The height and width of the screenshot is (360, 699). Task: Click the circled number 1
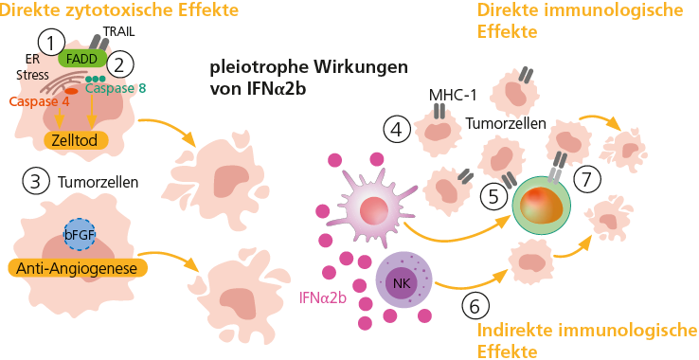tap(50, 41)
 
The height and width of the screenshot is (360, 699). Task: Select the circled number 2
tap(119, 65)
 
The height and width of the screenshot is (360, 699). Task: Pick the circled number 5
tap(493, 196)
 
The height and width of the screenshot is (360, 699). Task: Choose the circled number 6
tap(476, 305)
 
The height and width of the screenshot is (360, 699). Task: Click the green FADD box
tap(82, 58)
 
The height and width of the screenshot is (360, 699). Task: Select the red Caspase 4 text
tap(40, 100)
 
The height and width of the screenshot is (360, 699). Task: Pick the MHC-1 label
tap(450, 95)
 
